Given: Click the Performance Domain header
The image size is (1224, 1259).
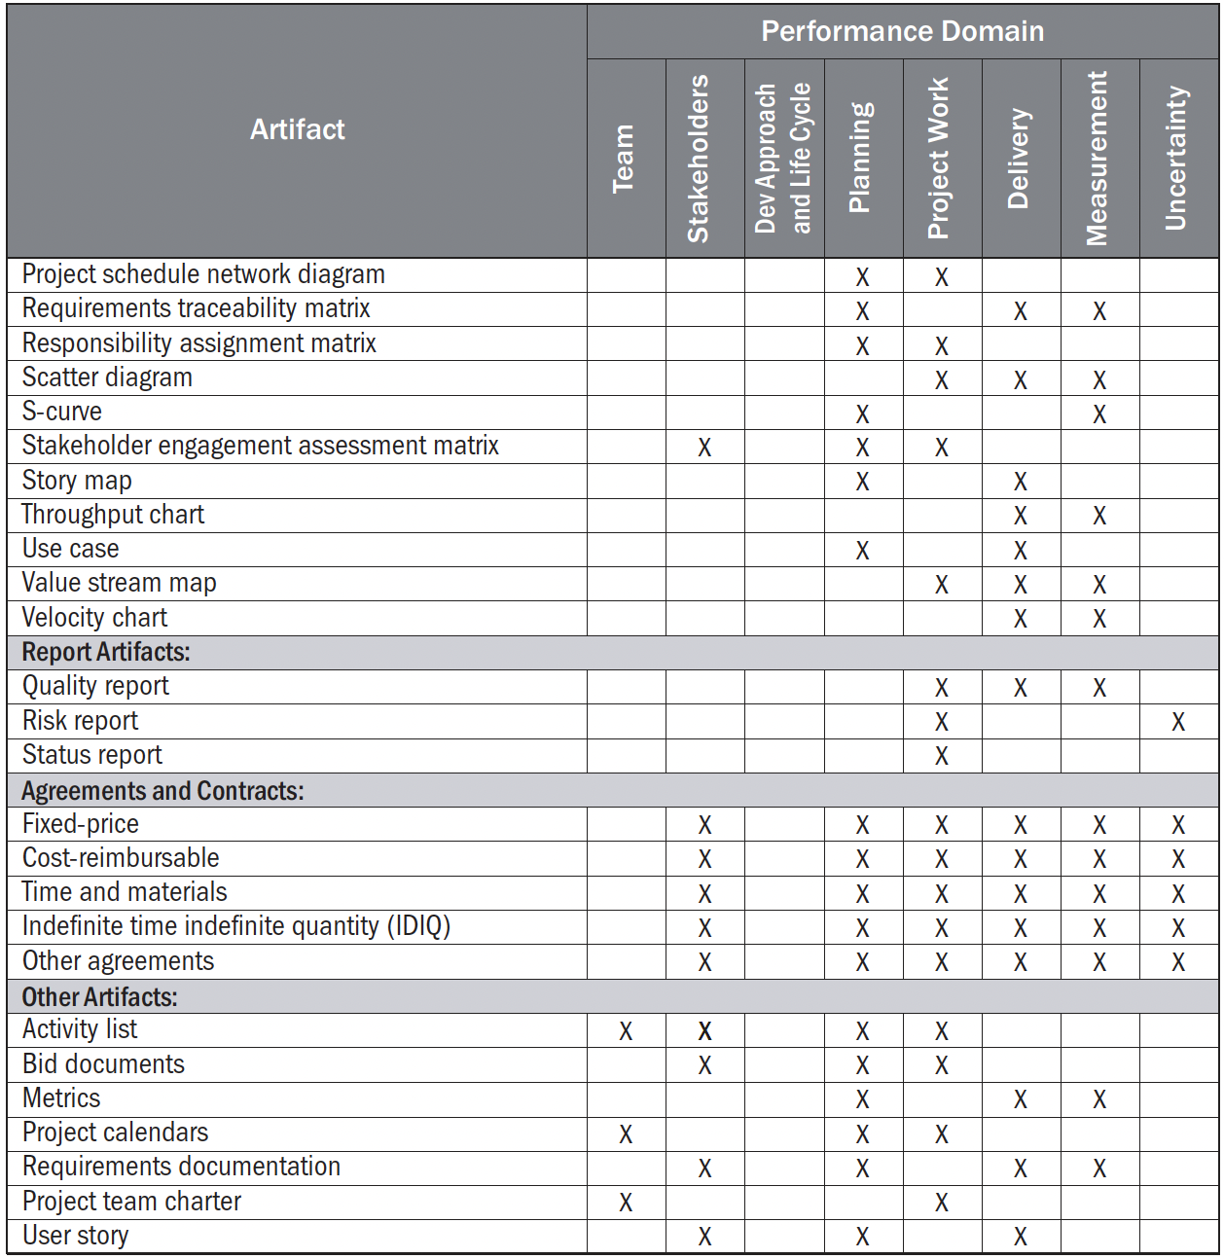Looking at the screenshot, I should point(902,31).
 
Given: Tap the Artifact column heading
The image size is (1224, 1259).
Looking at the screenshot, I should point(297,129).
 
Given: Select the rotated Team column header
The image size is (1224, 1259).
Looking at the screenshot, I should point(624,159).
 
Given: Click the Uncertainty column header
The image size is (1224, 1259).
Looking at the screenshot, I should point(1176,159).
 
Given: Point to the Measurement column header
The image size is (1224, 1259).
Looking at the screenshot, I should point(1098,159).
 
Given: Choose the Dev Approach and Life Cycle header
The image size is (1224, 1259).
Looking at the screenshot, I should point(782,159).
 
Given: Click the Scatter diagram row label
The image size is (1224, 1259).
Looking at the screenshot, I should point(107,378).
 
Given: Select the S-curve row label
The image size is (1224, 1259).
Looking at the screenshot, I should point(61,412).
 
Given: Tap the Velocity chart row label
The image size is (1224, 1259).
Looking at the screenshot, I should point(94,618).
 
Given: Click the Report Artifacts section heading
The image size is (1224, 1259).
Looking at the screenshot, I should point(106,652).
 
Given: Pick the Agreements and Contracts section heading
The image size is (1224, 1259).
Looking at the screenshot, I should point(162,790).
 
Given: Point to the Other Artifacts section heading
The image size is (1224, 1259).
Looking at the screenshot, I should point(99,996).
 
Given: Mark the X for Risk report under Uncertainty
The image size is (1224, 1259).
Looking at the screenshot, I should point(1178,722).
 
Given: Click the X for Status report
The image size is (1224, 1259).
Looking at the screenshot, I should point(941,756).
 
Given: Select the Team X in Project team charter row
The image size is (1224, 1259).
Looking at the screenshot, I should point(626,1203).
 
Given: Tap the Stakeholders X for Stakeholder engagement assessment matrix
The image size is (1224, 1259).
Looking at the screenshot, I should point(704,448).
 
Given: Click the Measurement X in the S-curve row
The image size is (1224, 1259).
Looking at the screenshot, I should point(1098,414).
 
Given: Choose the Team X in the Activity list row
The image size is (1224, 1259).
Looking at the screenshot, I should point(626,1031).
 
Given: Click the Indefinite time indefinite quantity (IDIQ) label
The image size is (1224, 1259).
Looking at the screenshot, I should point(236,926).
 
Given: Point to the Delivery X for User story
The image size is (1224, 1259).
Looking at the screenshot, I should point(1020,1237).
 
